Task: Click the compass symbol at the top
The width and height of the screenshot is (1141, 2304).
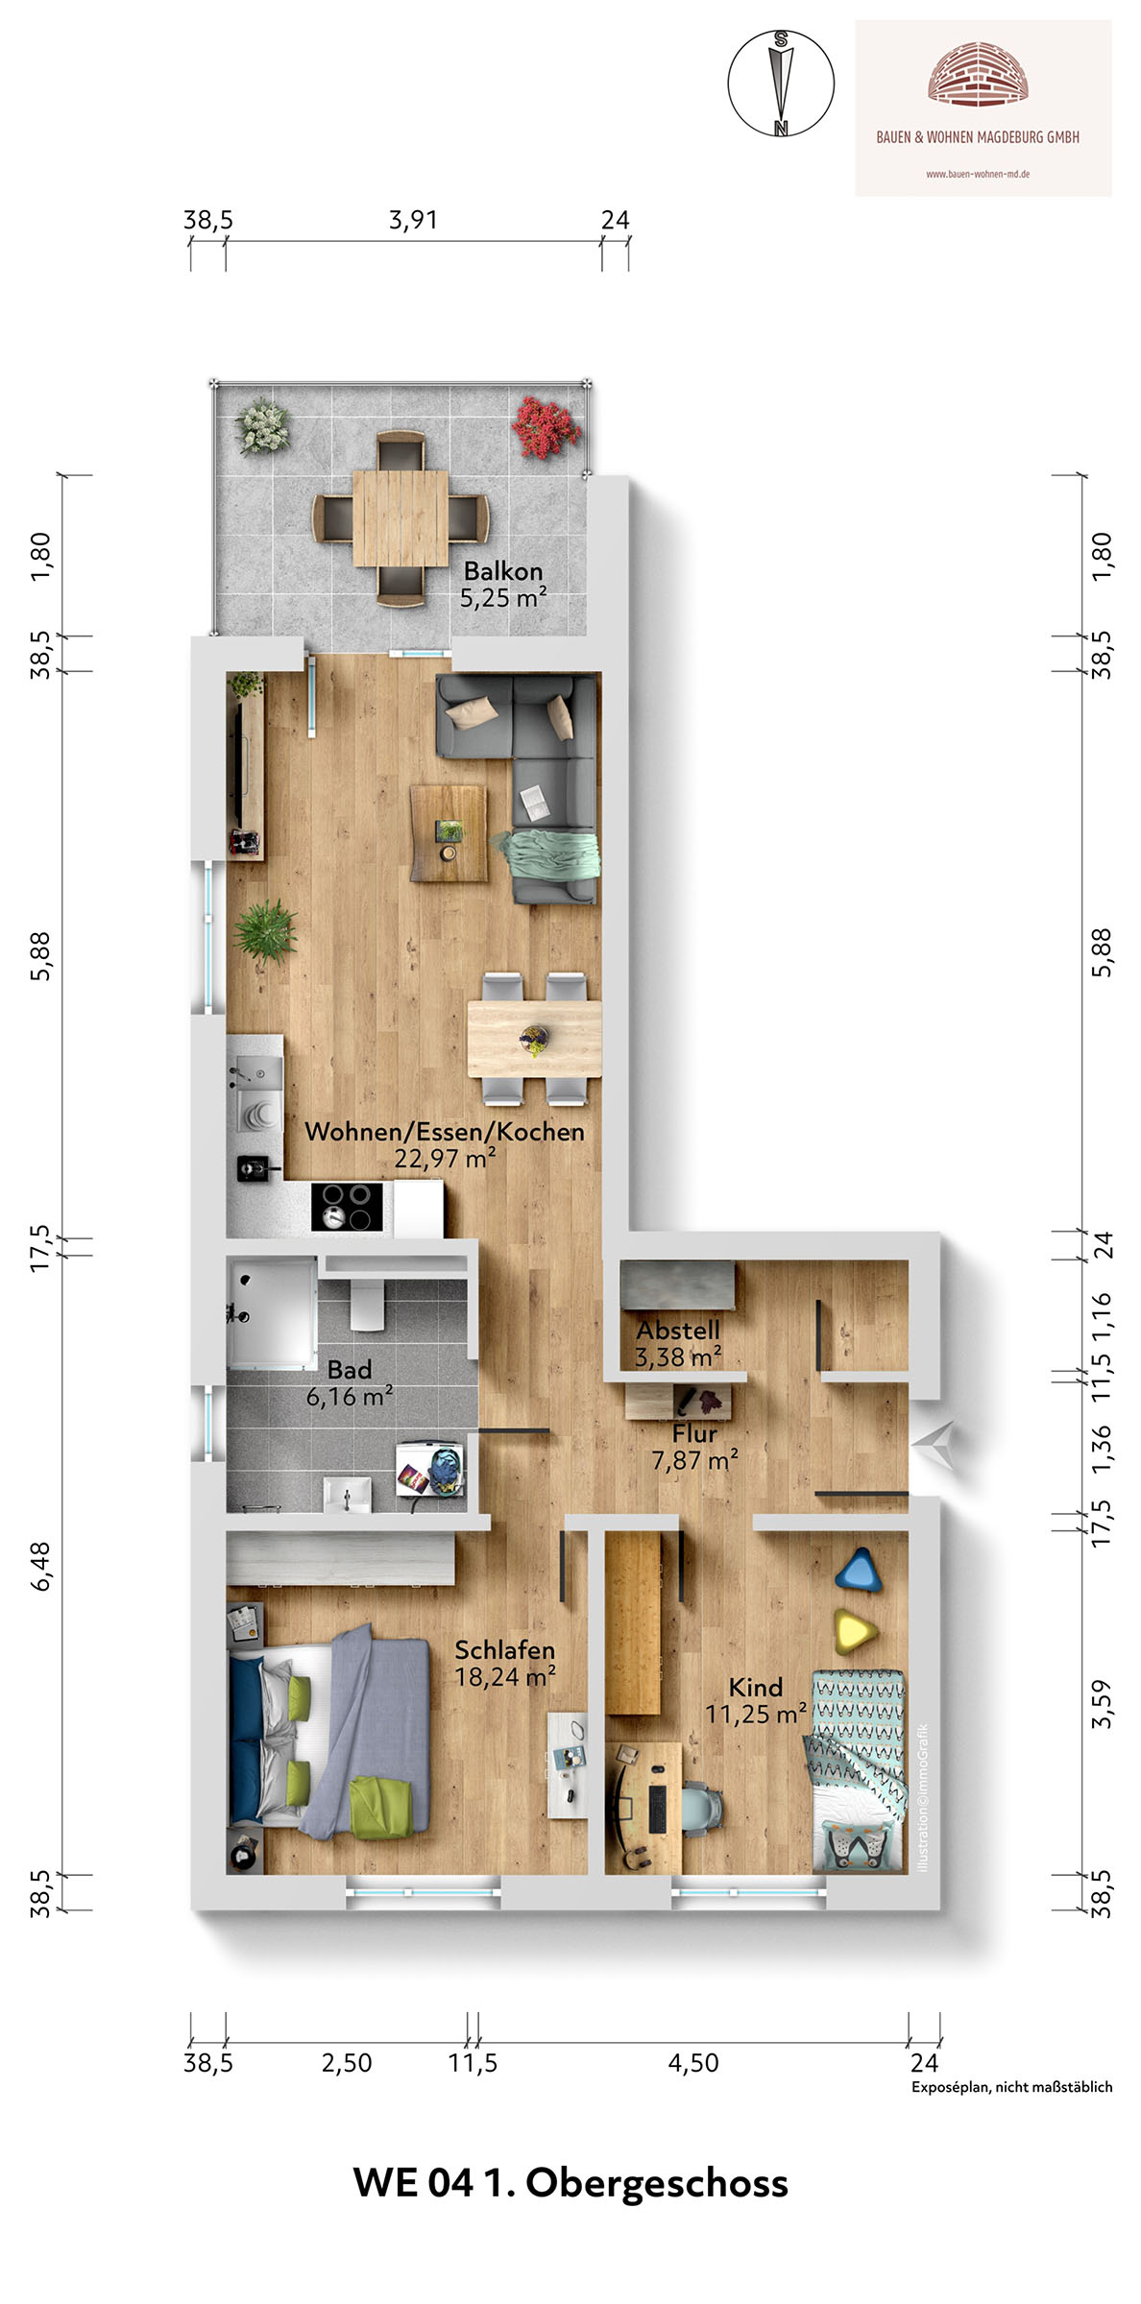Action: coord(781,83)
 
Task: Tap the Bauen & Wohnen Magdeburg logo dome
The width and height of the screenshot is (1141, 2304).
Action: coord(979,72)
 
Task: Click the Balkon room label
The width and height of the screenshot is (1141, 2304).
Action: coord(503,571)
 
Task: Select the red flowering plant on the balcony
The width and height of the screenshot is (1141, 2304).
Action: coord(546,427)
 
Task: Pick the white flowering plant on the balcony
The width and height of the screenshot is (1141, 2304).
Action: coord(262,426)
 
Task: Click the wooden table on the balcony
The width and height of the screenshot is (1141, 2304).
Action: coord(400,518)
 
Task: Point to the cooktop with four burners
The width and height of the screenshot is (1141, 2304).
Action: coord(347,1207)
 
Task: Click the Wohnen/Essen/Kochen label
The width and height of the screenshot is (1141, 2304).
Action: coord(445,1131)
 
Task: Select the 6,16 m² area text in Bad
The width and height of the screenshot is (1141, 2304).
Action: coord(350,1397)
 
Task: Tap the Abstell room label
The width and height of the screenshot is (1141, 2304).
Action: coord(678,1331)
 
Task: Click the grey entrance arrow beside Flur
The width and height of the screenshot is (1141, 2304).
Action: coord(933,1444)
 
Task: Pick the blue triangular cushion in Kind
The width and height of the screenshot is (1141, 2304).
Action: coord(859,1571)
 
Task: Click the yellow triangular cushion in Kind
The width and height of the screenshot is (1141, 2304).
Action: coord(858,1631)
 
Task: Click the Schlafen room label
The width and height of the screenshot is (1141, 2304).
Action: coord(505,1650)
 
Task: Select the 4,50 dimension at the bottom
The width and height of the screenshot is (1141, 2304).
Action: coord(693,2062)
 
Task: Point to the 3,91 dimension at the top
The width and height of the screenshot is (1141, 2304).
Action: coord(413,220)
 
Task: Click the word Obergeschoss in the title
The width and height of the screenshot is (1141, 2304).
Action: coord(657,2183)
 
